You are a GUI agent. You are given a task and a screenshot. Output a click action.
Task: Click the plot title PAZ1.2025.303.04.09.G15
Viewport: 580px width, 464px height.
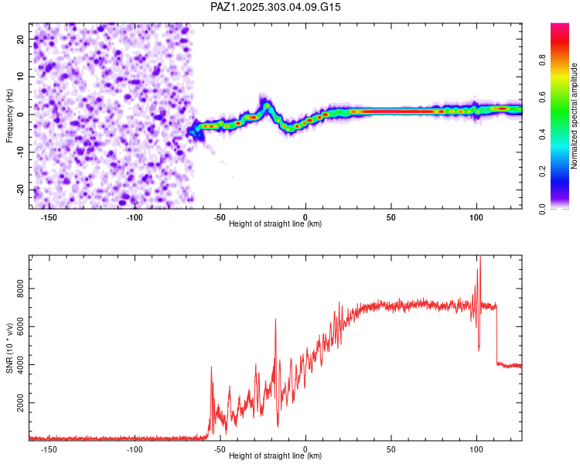(276, 7)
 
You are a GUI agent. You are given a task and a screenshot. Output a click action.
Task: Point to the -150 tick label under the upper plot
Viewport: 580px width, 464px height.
(49, 217)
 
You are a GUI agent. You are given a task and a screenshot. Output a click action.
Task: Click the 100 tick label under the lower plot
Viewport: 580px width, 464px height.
(476, 449)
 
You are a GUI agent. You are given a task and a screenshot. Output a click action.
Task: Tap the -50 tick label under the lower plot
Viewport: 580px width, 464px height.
(220, 449)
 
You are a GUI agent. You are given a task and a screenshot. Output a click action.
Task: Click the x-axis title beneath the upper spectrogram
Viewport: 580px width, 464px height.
(275, 224)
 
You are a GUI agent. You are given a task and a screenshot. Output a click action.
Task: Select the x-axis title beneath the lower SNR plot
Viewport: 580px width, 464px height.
(275, 456)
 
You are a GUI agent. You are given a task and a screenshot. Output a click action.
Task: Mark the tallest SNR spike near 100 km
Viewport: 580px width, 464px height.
(479, 258)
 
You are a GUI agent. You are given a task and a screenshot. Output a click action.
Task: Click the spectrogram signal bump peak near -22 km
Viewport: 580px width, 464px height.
(267, 104)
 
